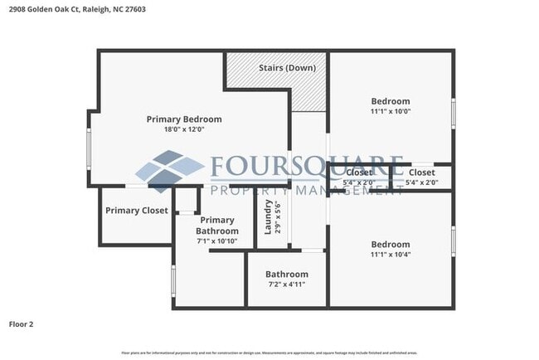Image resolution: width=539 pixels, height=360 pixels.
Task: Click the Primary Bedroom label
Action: click(184, 119)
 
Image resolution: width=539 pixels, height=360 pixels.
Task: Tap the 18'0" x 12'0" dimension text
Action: click(184, 129)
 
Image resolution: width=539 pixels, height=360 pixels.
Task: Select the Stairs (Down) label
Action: click(286, 67)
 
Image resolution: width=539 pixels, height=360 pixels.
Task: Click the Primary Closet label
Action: click(137, 211)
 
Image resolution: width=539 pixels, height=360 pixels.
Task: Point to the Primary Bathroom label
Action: click(217, 225)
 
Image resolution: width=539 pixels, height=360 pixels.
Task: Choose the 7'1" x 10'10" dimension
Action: click(217, 241)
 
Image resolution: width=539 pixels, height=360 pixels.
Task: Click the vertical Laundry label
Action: click(268, 216)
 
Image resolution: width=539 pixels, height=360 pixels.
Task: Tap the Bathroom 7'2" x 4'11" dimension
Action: click(287, 285)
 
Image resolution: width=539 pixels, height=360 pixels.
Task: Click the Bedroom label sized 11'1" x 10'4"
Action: click(390, 244)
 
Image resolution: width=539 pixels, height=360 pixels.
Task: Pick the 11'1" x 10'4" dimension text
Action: click(390, 255)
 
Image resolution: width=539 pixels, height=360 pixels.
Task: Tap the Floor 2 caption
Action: click(22, 324)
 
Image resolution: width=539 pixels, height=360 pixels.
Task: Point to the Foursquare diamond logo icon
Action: click(169, 171)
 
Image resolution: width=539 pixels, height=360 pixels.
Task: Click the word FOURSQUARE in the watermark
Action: click(307, 167)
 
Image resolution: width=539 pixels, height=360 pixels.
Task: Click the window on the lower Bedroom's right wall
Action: click(453, 239)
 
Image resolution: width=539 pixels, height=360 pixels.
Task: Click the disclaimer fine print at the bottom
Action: click(269, 352)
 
